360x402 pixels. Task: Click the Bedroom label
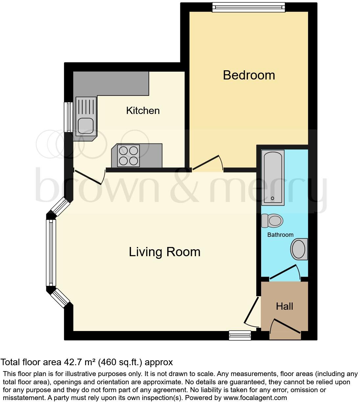pyautogui.click(x=249, y=75)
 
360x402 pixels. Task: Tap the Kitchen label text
pyautogui.click(x=143, y=110)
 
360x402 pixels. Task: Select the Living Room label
pyautogui.click(x=165, y=252)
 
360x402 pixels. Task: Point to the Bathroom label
pyautogui.click(x=280, y=234)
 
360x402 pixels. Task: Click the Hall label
pyautogui.click(x=284, y=306)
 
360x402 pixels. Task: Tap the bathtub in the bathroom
pyautogui.click(x=273, y=178)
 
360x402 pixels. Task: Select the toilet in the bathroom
pyautogui.click(x=272, y=221)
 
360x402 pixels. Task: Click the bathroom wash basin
pyautogui.click(x=299, y=249)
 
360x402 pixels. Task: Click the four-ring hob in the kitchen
pyautogui.click(x=128, y=156)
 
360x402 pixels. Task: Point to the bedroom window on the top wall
pyautogui.click(x=248, y=7)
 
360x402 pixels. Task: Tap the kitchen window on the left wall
pyautogui.click(x=69, y=117)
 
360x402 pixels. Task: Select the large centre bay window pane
pyautogui.click(x=51, y=252)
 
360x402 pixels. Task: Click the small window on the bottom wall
pyautogui.click(x=240, y=335)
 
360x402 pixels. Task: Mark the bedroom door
pyautogui.click(x=207, y=163)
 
